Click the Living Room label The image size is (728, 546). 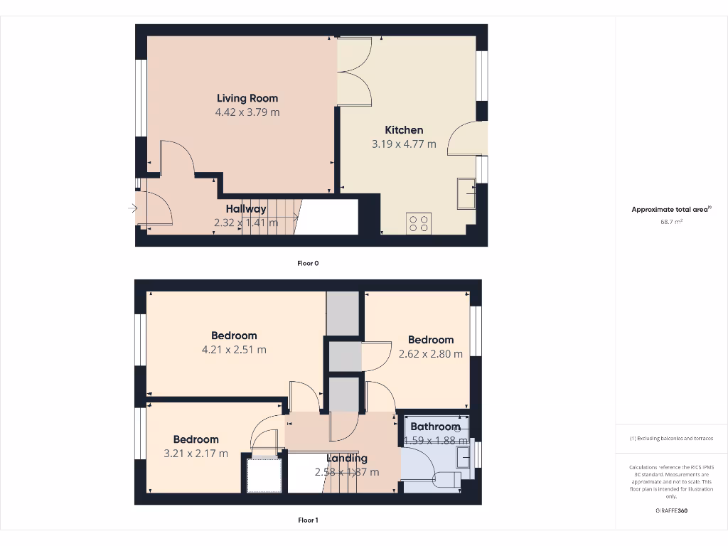[x=247, y=98]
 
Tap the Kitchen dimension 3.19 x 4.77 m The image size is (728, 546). [x=404, y=144]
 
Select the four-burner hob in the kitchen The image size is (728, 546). [x=418, y=223]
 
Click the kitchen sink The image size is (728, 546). [x=467, y=193]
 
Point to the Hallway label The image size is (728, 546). [x=246, y=209]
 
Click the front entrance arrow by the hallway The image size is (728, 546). [x=132, y=208]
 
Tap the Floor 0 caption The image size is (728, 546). [x=308, y=263]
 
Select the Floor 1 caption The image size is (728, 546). [x=308, y=520]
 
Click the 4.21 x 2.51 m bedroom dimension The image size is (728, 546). [x=234, y=350]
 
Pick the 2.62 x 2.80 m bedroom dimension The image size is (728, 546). [x=431, y=354]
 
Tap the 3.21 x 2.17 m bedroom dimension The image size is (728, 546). [x=196, y=454]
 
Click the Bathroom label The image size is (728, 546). [x=435, y=427]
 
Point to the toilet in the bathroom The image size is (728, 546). [x=446, y=478]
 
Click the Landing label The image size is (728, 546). [x=347, y=459]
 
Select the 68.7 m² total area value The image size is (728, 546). [x=671, y=222]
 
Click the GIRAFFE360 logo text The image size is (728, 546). [x=671, y=510]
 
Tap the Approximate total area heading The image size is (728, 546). [x=670, y=210]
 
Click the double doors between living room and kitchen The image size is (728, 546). [x=353, y=71]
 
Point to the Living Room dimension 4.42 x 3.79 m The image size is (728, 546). [x=247, y=112]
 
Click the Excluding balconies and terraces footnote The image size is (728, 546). [x=671, y=439]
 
